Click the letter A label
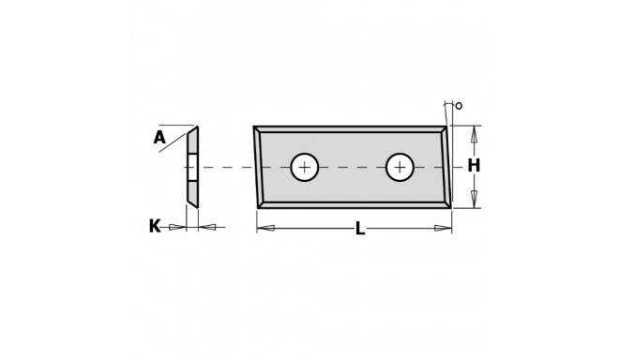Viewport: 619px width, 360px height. [x=159, y=138]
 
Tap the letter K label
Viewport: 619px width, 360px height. [x=155, y=227]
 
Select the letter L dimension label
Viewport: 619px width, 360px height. [x=359, y=229]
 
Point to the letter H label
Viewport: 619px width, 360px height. [x=474, y=166]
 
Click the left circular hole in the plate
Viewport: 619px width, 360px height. [x=305, y=168]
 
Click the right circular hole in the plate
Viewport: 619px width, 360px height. [x=400, y=168]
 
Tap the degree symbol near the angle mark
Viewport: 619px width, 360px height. [x=459, y=106]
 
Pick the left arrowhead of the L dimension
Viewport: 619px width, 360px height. [x=265, y=228]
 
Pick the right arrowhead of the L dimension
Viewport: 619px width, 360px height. [x=443, y=228]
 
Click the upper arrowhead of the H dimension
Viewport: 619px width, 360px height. [x=475, y=135]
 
